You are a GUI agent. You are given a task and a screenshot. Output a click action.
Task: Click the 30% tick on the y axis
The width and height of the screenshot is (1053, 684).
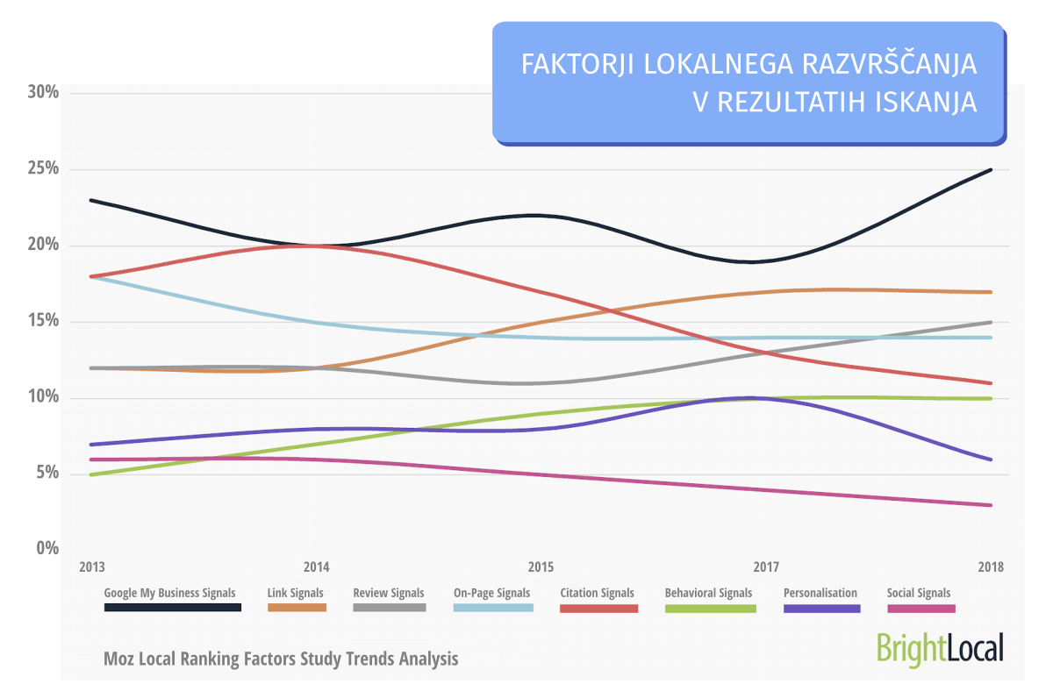click(x=42, y=92)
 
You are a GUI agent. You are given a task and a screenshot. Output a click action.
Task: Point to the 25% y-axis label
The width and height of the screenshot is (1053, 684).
click(x=42, y=168)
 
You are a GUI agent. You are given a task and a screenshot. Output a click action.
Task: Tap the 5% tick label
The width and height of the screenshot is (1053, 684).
click(x=46, y=473)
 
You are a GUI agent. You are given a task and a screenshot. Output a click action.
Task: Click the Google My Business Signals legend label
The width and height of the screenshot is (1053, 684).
click(x=169, y=593)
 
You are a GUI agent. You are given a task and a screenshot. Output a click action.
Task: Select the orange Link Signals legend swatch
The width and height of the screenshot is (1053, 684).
click(x=297, y=607)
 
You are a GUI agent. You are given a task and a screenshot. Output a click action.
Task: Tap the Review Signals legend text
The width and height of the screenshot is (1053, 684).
click(x=388, y=593)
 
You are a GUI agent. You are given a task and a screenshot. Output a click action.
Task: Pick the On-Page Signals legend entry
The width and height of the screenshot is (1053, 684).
click(x=491, y=593)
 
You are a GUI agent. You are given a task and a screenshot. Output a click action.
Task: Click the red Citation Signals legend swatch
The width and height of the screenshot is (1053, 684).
click(x=598, y=607)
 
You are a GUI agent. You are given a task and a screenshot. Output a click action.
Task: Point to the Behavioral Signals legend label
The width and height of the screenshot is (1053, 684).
click(x=708, y=593)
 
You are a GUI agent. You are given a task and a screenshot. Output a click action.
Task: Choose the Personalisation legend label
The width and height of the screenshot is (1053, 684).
click(x=820, y=593)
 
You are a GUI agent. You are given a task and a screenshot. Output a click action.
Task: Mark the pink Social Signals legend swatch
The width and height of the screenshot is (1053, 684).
click(x=920, y=607)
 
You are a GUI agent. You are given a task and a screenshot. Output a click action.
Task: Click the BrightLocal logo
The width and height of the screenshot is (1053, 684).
click(x=940, y=649)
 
